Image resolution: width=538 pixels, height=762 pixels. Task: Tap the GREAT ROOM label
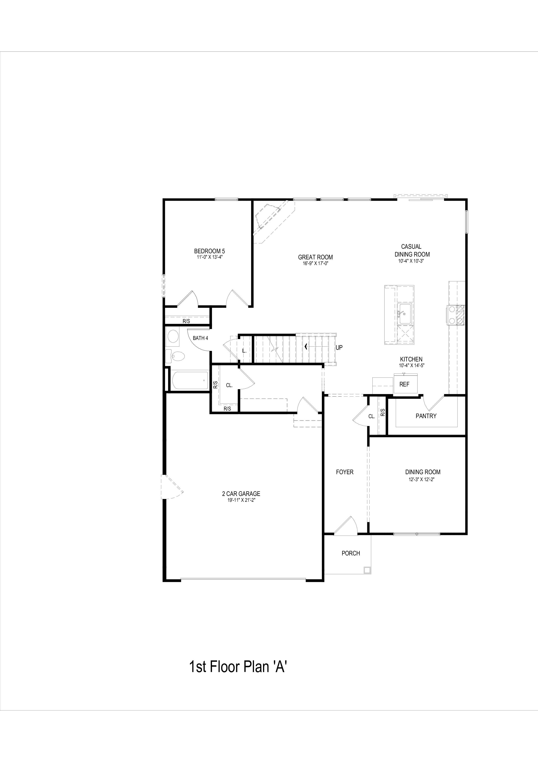pyautogui.click(x=315, y=257)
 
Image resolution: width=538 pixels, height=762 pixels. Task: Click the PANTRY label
pyautogui.click(x=426, y=416)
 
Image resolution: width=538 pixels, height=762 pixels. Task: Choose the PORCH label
pyautogui.click(x=351, y=553)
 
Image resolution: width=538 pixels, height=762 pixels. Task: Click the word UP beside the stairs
pyautogui.click(x=339, y=348)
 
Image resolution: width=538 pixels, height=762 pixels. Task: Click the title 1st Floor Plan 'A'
pyautogui.click(x=238, y=667)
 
